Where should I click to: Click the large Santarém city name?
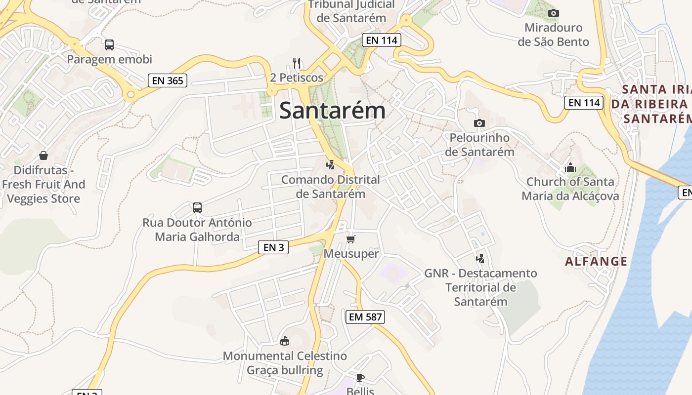(332, 110)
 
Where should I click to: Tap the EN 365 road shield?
(168, 80)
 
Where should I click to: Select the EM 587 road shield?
(365, 317)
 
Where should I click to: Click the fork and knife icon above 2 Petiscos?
(297, 63)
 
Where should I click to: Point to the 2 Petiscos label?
(297, 78)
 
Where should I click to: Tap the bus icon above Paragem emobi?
(109, 45)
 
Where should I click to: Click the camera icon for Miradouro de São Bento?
(554, 13)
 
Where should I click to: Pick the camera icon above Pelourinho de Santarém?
(479, 123)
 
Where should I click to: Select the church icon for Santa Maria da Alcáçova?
(570, 168)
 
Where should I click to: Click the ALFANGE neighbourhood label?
(596, 261)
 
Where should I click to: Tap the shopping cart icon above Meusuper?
(351, 239)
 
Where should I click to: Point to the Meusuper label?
(351, 254)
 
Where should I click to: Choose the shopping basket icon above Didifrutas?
(43, 156)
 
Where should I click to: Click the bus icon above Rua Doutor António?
(197, 208)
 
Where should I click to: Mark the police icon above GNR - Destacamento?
(480, 258)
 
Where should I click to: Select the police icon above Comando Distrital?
(331, 165)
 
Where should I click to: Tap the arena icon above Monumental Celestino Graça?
(285, 341)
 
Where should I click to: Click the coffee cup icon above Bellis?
(360, 378)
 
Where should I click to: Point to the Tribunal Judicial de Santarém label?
(351, 11)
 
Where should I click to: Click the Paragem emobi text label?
(110, 59)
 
